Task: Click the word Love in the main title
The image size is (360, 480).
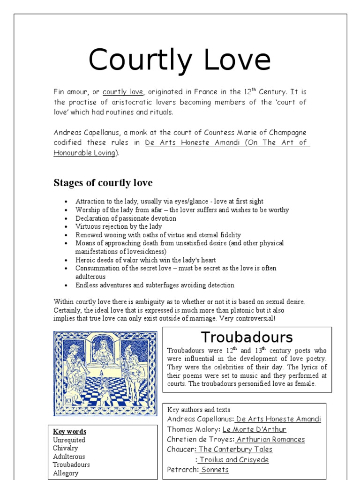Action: click(232, 60)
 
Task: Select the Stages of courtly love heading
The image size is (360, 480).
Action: click(103, 183)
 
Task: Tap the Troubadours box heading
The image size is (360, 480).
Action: click(247, 337)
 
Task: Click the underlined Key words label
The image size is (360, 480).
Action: click(70, 431)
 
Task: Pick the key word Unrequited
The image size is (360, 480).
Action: click(69, 440)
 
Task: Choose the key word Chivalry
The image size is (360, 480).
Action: click(66, 448)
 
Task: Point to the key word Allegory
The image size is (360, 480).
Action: click(66, 473)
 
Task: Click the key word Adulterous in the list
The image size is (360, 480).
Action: click(69, 457)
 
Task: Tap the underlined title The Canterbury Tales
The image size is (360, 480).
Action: click(235, 449)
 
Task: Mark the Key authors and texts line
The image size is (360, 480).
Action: click(198, 410)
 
